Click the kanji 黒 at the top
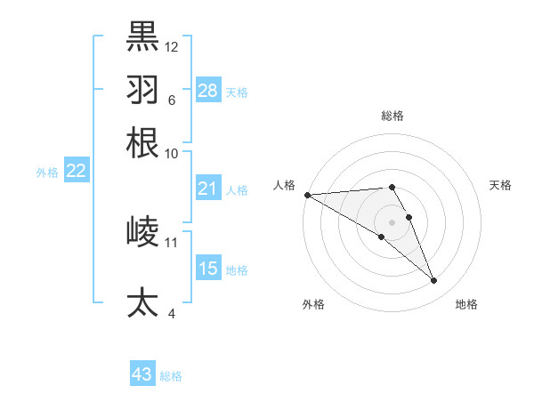pos(142,36)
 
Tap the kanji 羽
pos(142,89)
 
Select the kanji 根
pos(142,142)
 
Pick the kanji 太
pos(142,302)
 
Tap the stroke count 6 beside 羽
pos(171,100)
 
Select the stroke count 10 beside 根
pos(172,153)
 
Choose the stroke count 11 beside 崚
pos(172,242)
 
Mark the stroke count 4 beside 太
pos(171,313)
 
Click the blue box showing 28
pos(208,91)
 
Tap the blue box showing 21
pos(208,189)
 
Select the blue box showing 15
pos(208,269)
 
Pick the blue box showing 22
pos(77,171)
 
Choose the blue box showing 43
pos(142,374)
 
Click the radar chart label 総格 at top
pos(392,116)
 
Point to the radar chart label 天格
pos(501,185)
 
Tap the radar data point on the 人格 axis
pos(307,194)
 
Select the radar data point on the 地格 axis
pos(434,281)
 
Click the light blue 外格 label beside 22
pos(47,173)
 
